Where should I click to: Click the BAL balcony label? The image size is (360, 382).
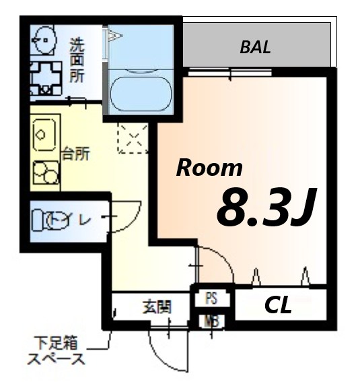pyautogui.click(x=255, y=47)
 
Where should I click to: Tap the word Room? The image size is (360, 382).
pyautogui.click(x=209, y=168)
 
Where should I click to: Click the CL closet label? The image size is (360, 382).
pyautogui.click(x=278, y=306)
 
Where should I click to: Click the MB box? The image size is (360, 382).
pyautogui.click(x=211, y=321)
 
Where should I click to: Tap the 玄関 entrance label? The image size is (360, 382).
pyautogui.click(x=156, y=307)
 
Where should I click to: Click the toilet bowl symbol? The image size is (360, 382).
pyautogui.click(x=54, y=220)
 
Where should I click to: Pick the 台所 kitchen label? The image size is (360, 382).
pyautogui.click(x=76, y=153)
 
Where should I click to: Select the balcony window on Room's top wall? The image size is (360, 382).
pyautogui.click(x=229, y=71)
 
